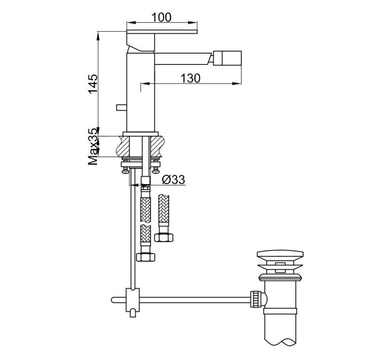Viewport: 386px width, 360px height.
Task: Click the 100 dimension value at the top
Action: (x=161, y=17)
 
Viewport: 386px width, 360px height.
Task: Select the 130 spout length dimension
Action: (x=191, y=78)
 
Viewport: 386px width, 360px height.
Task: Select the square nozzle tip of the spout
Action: (x=225, y=59)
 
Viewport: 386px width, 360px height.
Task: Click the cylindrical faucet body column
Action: (x=139, y=92)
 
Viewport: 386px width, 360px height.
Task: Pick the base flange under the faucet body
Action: (x=141, y=134)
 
